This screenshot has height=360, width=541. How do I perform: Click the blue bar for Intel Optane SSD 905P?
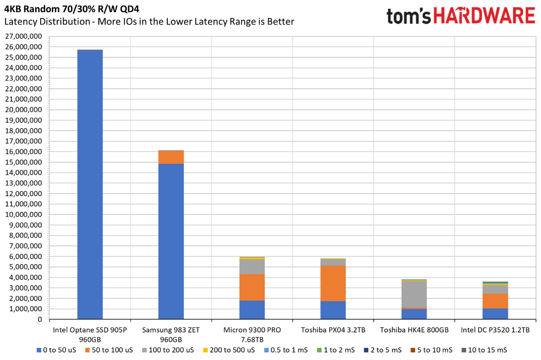pyautogui.click(x=90, y=184)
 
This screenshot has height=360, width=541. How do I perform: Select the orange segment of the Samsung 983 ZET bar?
pyautogui.click(x=171, y=157)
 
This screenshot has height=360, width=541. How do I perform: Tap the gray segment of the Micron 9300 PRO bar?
pyautogui.click(x=252, y=267)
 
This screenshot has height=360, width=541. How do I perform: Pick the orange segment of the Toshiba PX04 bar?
pyautogui.click(x=333, y=283)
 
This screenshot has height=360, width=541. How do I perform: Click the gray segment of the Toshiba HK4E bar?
pyautogui.click(x=414, y=294)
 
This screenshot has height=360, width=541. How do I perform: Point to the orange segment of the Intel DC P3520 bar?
pyautogui.click(x=495, y=301)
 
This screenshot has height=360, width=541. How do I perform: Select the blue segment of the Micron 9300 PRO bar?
pyautogui.click(x=252, y=310)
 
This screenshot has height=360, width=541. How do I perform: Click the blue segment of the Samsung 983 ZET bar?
pyautogui.click(x=171, y=242)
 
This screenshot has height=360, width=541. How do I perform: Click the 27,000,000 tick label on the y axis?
pyautogui.click(x=23, y=36)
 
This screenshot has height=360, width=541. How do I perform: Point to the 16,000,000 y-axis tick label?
pyautogui.click(x=23, y=152)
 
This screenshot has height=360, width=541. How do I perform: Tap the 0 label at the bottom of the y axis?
pyautogui.click(x=40, y=319)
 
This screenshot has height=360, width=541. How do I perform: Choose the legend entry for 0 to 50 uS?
pyautogui.click(x=56, y=350)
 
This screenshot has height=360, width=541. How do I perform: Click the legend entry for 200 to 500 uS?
pyautogui.click(x=229, y=350)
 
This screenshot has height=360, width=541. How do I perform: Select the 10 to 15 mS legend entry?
pyautogui.click(x=484, y=350)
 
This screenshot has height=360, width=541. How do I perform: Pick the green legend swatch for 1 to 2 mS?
pyautogui.click(x=319, y=350)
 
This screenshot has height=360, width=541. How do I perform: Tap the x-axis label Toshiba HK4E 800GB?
pyautogui.click(x=414, y=330)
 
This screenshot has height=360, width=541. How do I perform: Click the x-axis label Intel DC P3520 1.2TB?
pyautogui.click(x=495, y=330)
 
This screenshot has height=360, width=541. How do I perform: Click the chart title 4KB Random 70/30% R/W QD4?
pyautogui.click(x=72, y=9)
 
